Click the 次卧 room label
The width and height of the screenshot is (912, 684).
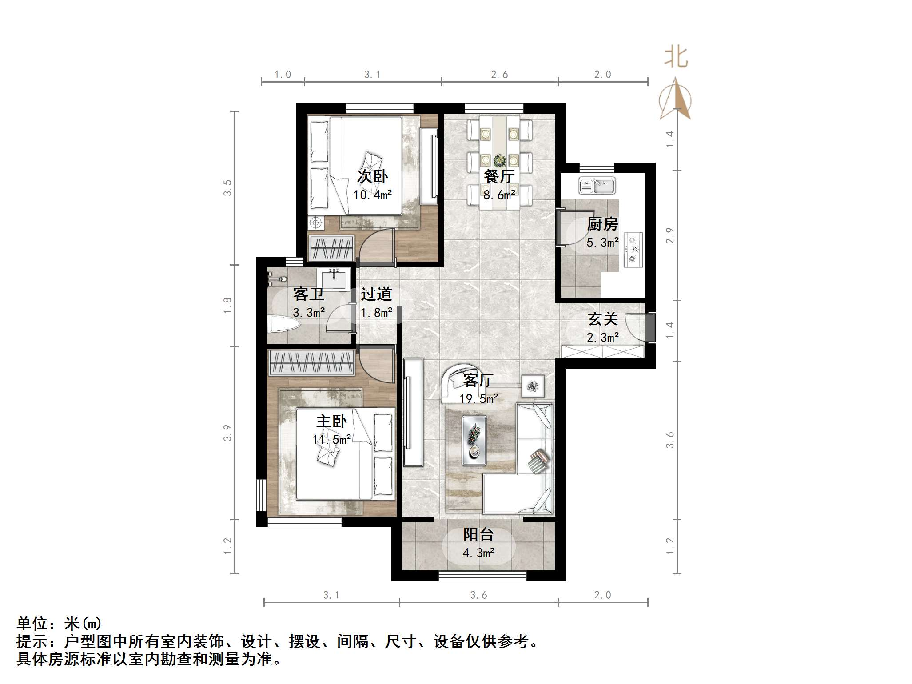372,176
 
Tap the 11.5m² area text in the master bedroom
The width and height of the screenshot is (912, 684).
332,440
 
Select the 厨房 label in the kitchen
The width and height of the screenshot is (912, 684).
602,224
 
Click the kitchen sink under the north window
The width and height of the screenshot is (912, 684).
597,186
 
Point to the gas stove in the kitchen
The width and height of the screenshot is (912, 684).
633,250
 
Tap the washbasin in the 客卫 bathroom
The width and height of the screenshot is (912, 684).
334,279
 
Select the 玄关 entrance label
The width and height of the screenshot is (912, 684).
602,318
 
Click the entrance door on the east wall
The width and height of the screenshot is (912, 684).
650,327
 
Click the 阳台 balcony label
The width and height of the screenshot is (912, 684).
478,534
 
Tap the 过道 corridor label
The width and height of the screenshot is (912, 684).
376,294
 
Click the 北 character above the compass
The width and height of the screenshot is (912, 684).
676,58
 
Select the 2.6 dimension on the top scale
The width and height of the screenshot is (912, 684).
499,75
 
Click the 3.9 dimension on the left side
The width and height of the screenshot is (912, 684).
227,433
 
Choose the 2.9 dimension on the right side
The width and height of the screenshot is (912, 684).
670,235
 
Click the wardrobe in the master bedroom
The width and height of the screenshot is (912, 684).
311,362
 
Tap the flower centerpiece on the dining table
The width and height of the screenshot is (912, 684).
499,159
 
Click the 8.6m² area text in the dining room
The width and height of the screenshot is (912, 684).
499,195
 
